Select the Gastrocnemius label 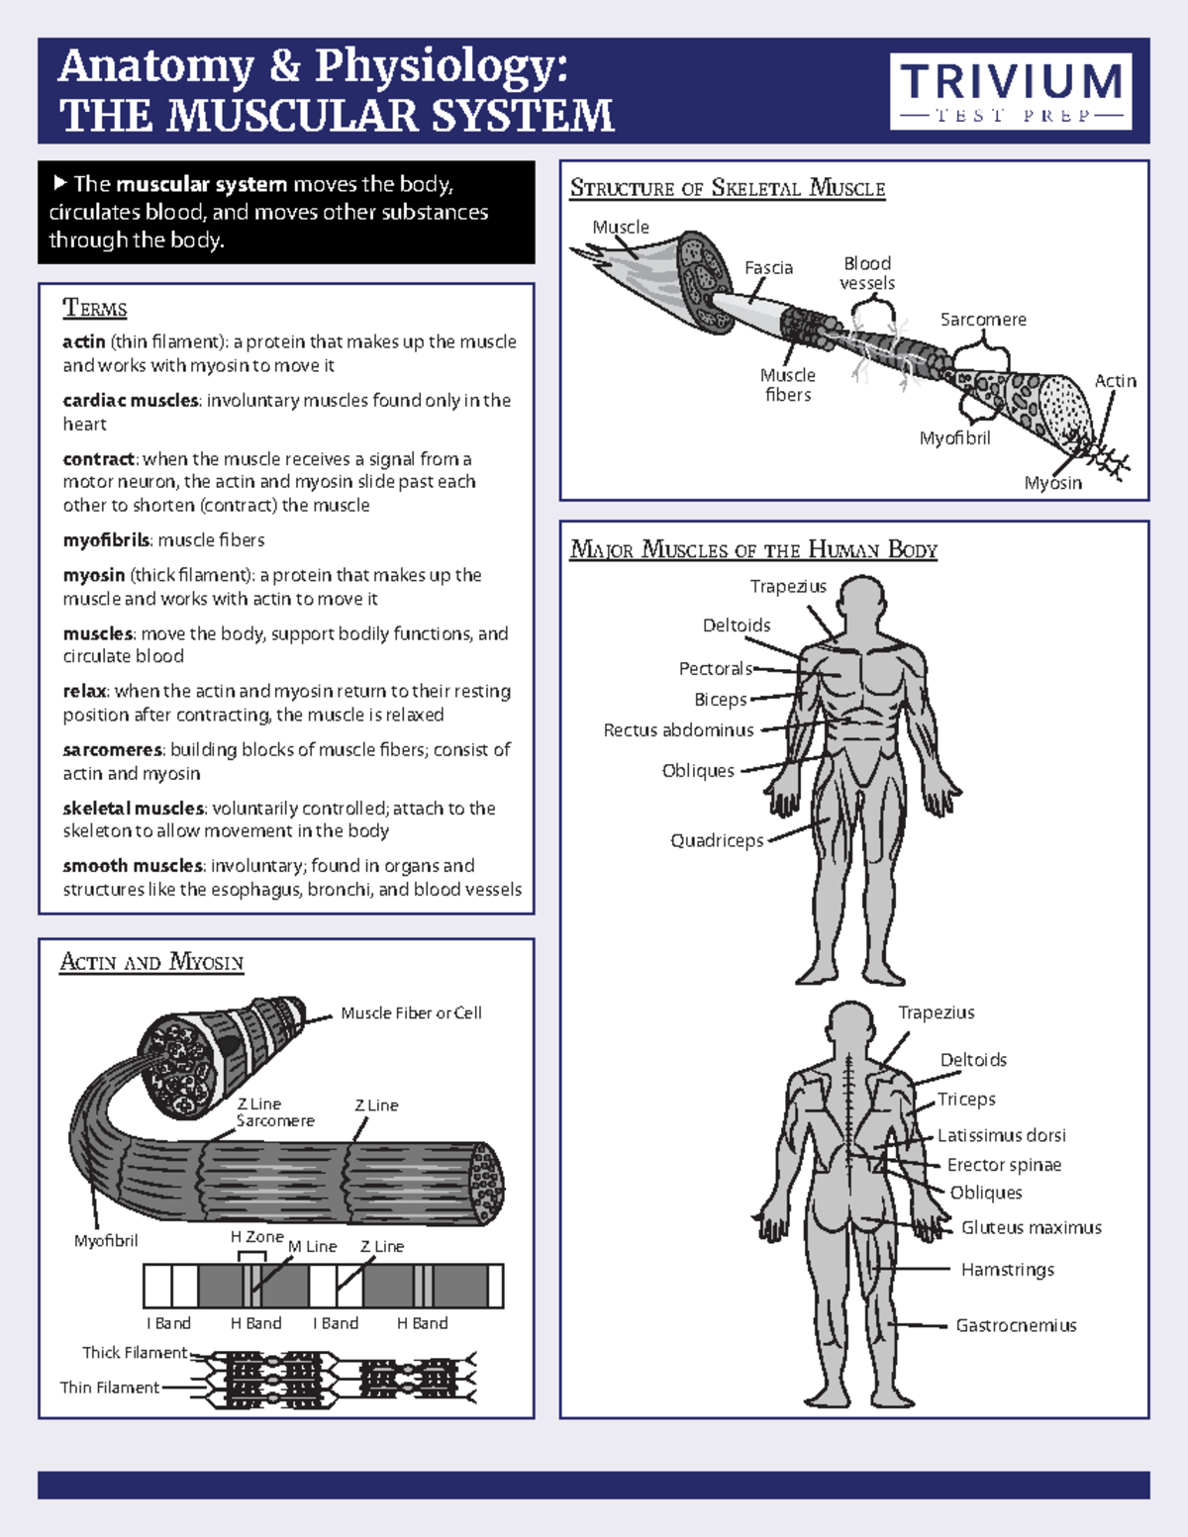coord(1016,1325)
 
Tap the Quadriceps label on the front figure coord(717,840)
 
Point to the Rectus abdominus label coord(678,730)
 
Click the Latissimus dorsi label coord(1001,1135)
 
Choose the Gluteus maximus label coord(1031,1227)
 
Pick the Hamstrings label coord(1007,1270)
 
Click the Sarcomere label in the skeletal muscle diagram coord(982,320)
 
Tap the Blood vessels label coord(867,273)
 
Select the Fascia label coord(768,268)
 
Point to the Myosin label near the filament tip coord(1052,483)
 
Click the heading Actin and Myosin coord(151,962)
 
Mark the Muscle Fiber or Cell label coord(411,1013)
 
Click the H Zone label coord(256,1237)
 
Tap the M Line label coord(313,1247)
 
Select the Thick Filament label coord(135,1353)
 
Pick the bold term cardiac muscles coord(130,401)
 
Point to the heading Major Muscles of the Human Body coord(753,550)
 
